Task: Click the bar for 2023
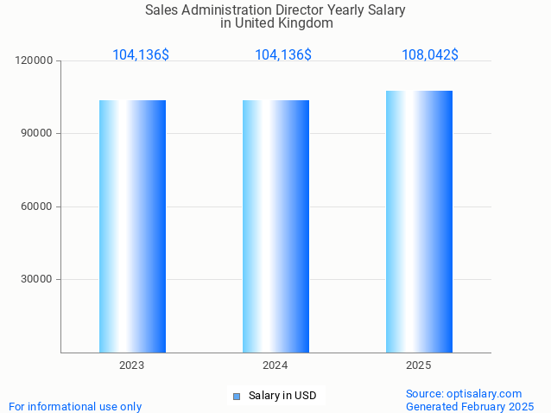click(132, 226)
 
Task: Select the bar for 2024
click(275, 226)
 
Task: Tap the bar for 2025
click(419, 222)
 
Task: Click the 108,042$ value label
click(430, 55)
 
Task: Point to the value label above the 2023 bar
click(141, 55)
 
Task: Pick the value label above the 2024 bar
click(283, 55)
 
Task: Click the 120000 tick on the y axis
click(35, 61)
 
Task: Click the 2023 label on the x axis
click(132, 365)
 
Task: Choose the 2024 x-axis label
click(275, 365)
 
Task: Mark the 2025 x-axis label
click(419, 365)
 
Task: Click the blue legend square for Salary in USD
click(236, 397)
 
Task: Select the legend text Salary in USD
click(282, 396)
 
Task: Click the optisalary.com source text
click(464, 393)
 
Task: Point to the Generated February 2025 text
click(470, 406)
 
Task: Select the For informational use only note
click(75, 406)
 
